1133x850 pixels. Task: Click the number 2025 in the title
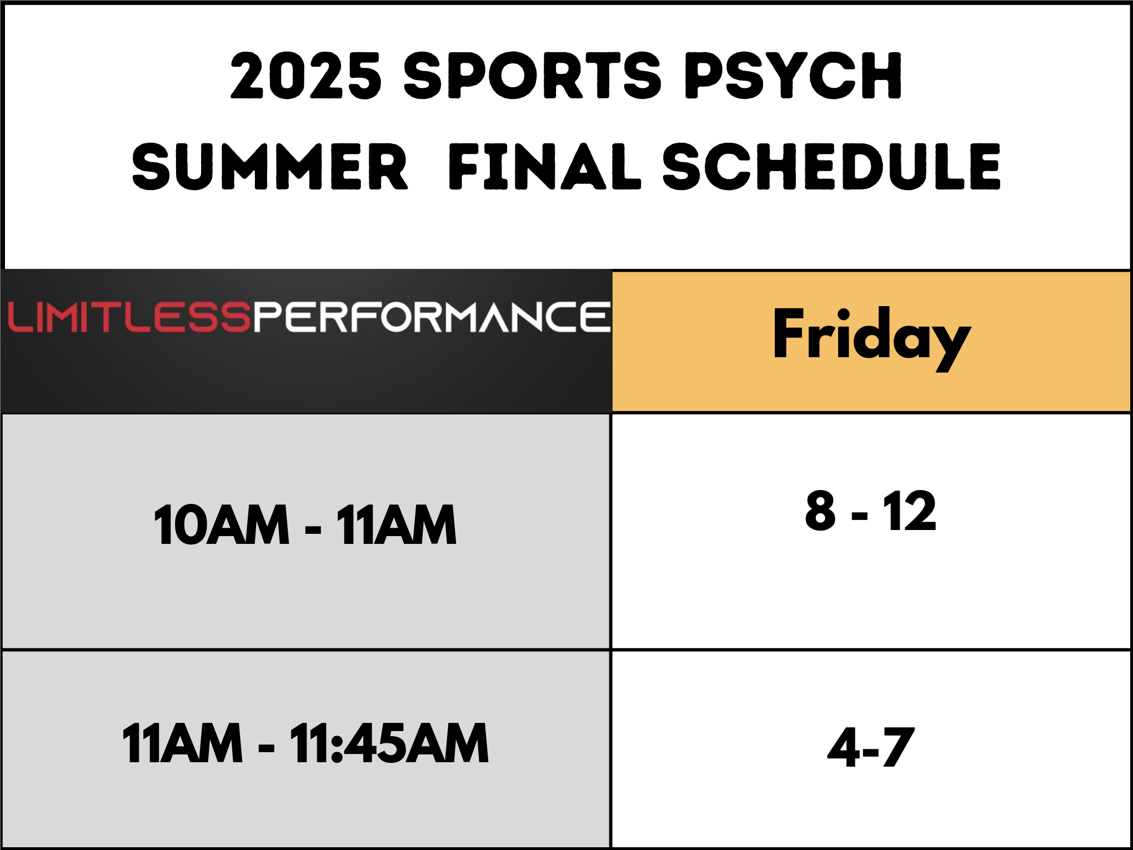(306, 76)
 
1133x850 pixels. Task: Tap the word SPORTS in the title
(532, 76)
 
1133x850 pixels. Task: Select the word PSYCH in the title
(793, 76)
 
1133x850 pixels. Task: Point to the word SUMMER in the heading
(270, 167)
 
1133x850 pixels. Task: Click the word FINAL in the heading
(544, 167)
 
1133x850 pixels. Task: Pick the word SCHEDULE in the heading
(831, 167)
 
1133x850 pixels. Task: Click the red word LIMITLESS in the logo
(130, 317)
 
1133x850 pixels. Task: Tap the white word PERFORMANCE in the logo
(432, 317)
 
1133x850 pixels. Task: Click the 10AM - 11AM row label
(305, 525)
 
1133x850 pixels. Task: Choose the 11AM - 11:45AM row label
(305, 743)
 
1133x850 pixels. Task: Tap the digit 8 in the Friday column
(821, 511)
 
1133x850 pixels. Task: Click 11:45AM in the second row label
(389, 743)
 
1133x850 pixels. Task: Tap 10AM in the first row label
(222, 525)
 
